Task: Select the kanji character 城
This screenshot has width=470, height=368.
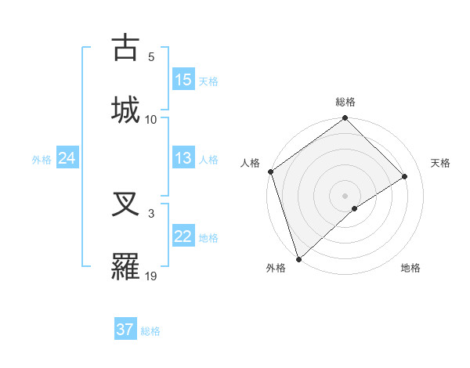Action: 125,109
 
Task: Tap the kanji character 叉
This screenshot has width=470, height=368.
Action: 125,204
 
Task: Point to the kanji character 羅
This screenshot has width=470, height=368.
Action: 125,266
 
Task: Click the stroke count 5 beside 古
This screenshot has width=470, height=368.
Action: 151,57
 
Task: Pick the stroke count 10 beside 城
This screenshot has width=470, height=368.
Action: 151,119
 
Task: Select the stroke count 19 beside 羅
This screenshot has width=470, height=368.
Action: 151,276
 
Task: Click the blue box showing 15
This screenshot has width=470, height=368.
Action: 183,79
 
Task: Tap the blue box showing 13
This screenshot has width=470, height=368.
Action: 183,158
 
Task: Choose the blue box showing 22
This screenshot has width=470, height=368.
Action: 183,236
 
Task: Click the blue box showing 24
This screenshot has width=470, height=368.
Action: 67,158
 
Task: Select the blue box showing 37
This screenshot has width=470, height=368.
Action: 125,330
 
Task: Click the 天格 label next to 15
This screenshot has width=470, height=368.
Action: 208,81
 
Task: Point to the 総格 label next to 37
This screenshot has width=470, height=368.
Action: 150,331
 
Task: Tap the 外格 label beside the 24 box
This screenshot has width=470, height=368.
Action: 42,160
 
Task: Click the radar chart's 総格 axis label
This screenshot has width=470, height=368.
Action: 345,102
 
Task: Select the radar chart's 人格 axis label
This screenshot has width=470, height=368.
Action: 251,163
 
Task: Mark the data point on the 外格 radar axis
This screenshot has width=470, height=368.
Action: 298,258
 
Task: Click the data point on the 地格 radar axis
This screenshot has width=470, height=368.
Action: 355,208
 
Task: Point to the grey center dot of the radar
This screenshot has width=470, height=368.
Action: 345,195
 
